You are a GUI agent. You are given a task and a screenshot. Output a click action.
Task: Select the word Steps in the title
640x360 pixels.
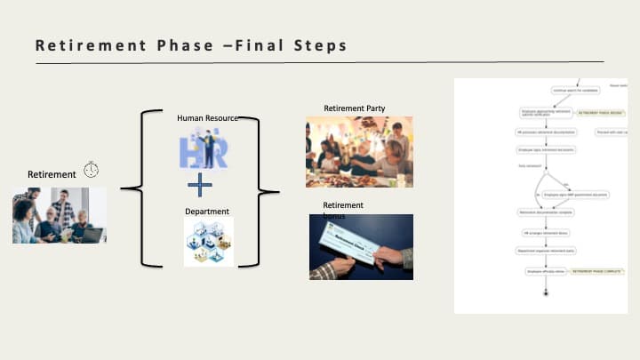(316, 45)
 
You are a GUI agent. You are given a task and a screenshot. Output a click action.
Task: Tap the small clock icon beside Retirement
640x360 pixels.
(92, 170)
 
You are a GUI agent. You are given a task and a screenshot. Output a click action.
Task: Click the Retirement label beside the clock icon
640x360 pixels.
(52, 174)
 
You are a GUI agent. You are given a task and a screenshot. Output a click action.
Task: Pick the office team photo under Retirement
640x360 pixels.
(60, 215)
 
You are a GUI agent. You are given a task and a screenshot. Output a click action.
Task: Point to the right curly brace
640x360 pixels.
(257, 189)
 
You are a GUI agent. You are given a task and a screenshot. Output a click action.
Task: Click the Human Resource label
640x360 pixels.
(207, 117)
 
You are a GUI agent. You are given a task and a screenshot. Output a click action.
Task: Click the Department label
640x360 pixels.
(207, 212)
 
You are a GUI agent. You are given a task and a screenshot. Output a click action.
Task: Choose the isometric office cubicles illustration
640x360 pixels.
(209, 242)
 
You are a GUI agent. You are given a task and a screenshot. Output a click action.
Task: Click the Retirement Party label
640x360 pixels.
(354, 108)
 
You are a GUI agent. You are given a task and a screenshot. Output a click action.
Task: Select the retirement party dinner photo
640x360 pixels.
(359, 152)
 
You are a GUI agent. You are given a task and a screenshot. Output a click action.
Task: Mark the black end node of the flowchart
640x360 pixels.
(545, 293)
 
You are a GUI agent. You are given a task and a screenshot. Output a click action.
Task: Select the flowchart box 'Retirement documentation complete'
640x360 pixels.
(544, 212)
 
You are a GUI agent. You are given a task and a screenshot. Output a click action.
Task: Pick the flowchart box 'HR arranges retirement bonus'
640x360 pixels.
(544, 232)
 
